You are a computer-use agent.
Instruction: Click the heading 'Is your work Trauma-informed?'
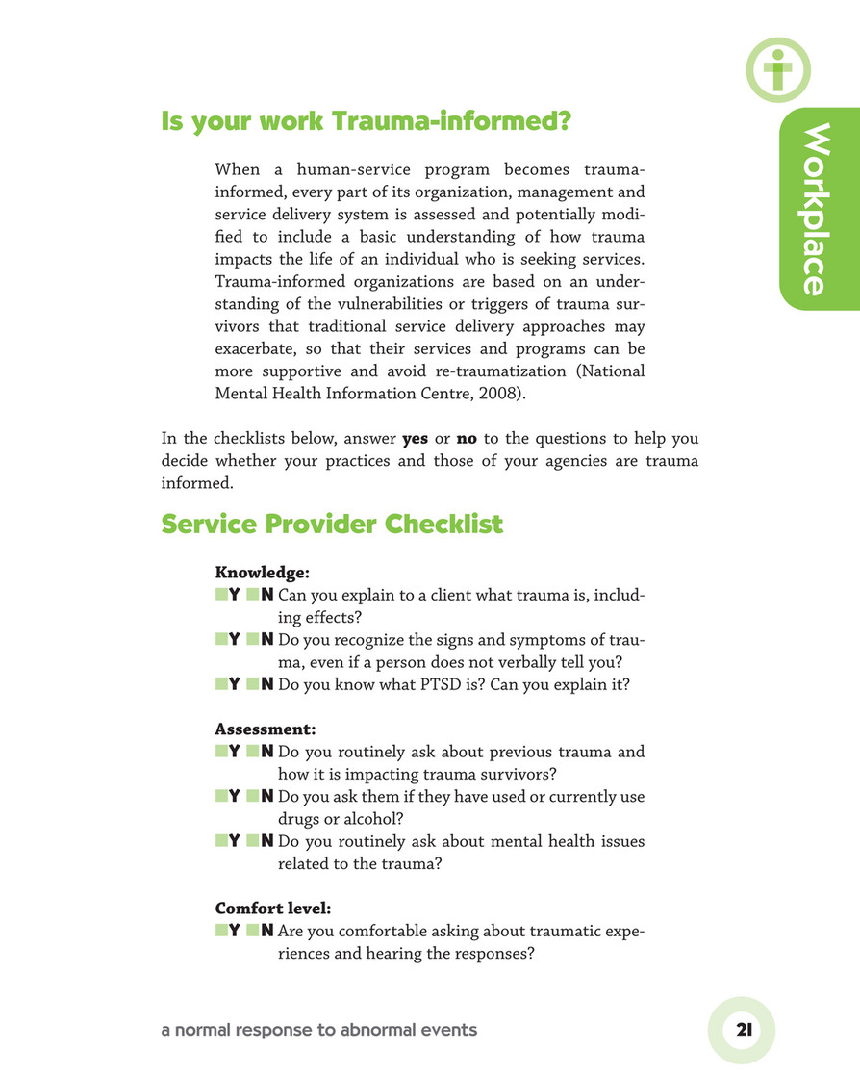coord(366,122)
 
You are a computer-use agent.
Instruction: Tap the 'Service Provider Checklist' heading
coord(332,525)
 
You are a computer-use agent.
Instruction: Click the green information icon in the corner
coord(777,68)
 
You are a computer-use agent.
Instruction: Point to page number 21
coord(743,1029)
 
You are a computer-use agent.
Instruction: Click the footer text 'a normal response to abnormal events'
coord(318,1030)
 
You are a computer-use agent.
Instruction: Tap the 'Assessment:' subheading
coord(255,729)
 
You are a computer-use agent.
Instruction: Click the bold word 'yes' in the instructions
coord(415,439)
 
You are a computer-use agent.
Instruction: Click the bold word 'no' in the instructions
coord(467,439)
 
